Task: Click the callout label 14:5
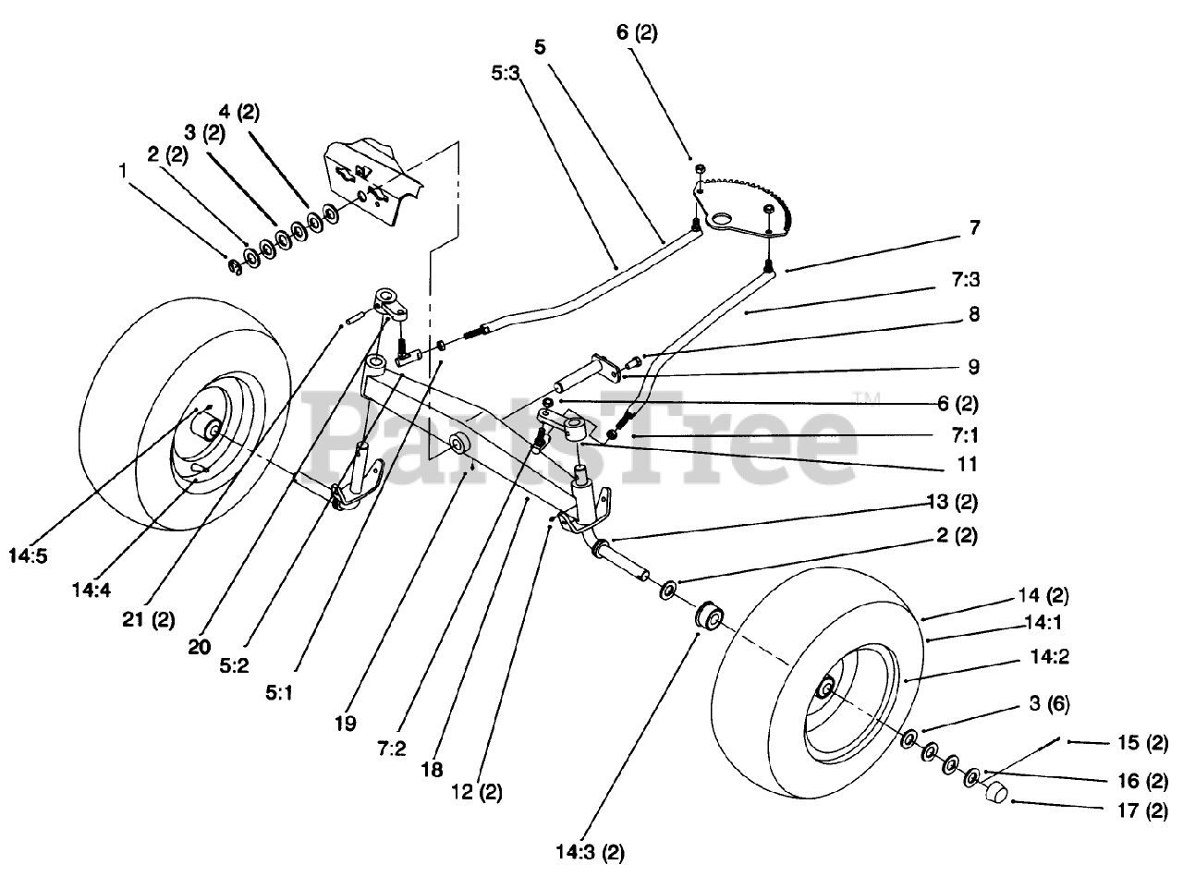point(29,555)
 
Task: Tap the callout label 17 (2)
point(1142,811)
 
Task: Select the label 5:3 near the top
point(506,73)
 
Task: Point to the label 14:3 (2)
point(590,852)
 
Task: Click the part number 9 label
point(973,367)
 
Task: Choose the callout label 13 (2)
point(952,502)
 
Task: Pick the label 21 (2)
point(148,619)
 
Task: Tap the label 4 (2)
point(239,112)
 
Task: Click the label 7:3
point(966,279)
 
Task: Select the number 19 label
point(345,724)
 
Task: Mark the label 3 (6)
point(1049,703)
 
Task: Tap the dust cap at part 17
point(995,792)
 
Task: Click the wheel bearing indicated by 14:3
point(709,616)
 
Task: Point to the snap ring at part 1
point(235,266)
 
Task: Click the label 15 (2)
point(1142,743)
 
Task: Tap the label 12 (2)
point(477,792)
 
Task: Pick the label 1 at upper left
point(123,171)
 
